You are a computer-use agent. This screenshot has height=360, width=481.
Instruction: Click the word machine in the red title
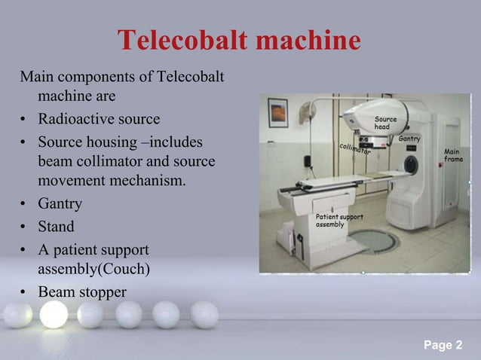point(309,42)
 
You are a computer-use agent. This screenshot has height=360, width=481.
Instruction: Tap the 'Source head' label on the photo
point(385,124)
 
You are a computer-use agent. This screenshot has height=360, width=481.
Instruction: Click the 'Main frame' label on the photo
point(454,155)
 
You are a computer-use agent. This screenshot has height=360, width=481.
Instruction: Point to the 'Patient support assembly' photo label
point(339,221)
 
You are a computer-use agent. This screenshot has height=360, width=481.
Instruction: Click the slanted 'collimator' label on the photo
point(354,149)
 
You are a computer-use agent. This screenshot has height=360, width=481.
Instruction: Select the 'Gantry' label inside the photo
point(409,139)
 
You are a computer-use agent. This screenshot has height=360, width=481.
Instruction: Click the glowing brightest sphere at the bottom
point(54,314)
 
